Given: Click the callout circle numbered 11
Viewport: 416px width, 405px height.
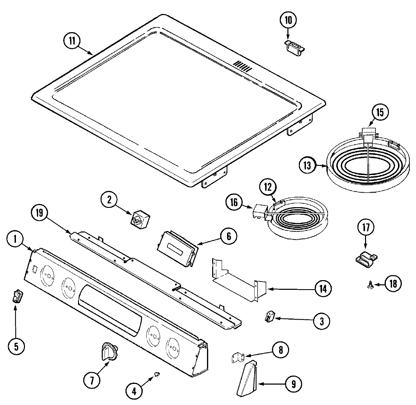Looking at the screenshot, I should (71, 40).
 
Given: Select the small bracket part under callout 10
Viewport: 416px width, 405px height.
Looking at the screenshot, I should (294, 47).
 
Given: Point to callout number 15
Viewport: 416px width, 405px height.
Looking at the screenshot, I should (380, 112).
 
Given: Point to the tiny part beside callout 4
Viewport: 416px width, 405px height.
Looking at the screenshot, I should (156, 374).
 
